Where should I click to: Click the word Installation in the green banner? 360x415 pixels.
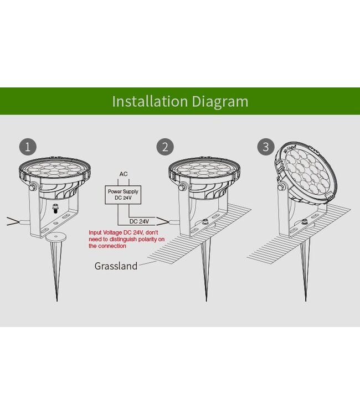(150, 101)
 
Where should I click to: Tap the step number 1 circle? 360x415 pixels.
(28, 147)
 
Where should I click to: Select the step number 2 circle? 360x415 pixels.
(165, 147)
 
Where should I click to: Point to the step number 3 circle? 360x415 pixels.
(266, 147)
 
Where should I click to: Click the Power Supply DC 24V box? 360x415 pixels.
(123, 195)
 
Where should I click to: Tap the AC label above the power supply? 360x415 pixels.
(124, 174)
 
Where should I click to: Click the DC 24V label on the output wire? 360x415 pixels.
(139, 221)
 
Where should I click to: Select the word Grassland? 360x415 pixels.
(116, 266)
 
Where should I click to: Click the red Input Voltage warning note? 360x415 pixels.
(127, 239)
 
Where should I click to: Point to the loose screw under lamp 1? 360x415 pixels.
(55, 209)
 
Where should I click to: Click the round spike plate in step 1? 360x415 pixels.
(55, 237)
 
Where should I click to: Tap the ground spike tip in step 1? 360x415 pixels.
(56, 300)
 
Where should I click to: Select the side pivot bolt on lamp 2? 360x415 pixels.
(182, 187)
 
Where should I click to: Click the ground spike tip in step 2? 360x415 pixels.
(207, 300)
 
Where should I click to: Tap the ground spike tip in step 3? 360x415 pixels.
(305, 300)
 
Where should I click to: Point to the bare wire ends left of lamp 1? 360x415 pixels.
(12, 221)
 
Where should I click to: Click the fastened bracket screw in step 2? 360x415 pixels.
(204, 222)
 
